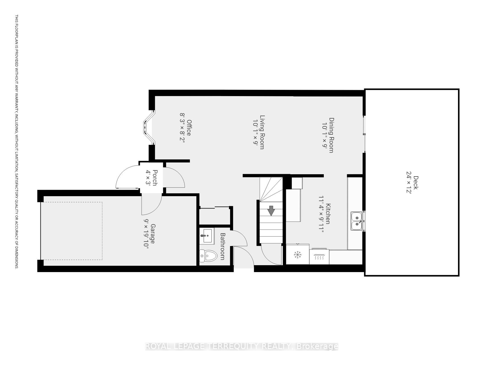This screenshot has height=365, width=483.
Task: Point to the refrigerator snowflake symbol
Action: pyautogui.click(x=298, y=255)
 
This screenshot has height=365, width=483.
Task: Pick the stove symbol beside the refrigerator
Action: pyautogui.click(x=319, y=257)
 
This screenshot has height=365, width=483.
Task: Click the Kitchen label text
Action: pyautogui.click(x=328, y=214)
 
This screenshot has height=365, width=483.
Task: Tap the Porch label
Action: pyautogui.click(x=155, y=178)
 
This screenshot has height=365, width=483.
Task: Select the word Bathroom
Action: pyautogui.click(x=223, y=246)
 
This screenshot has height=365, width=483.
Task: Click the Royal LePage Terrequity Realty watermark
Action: pyautogui.click(x=241, y=346)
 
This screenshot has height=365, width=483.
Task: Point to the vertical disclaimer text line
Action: pyautogui.click(x=17, y=141)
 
